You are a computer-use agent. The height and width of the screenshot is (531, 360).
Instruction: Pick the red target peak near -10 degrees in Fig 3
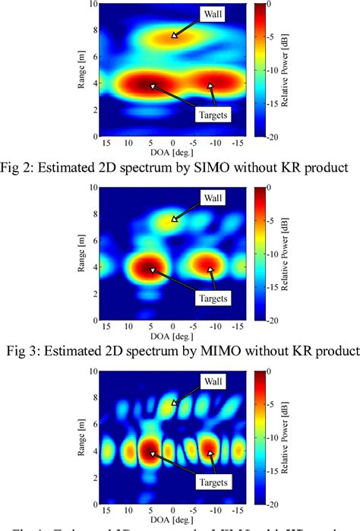tap(209, 267)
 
